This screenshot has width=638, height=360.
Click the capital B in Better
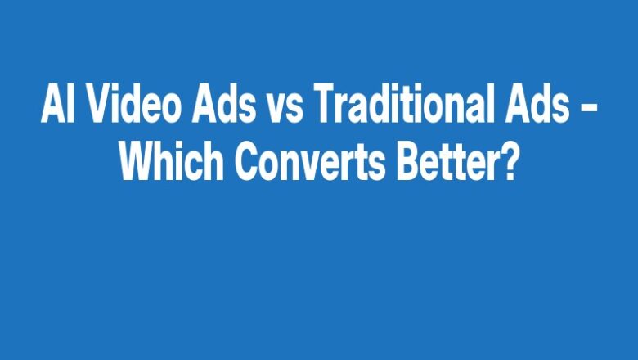click(408, 164)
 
